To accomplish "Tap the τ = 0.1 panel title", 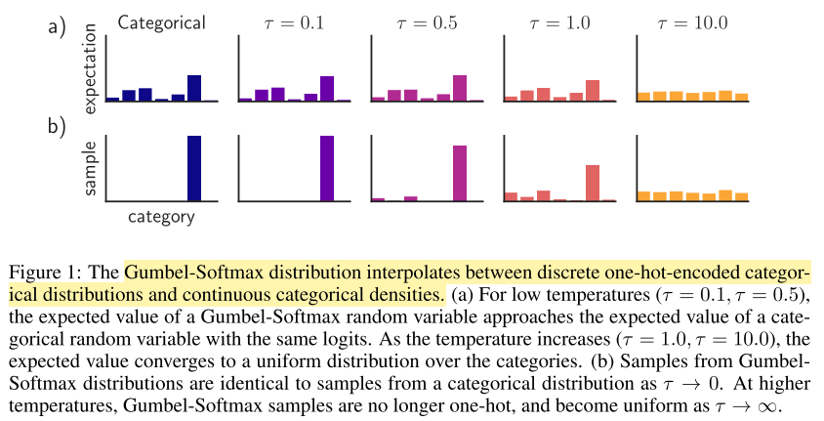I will pos(293,21).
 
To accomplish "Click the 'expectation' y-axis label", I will pos(90,68).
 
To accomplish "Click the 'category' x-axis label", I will pos(161,217).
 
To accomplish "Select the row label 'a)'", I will pos(58,26).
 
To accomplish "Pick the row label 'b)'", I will pos(58,125).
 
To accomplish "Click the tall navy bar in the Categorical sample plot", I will pos(193,168).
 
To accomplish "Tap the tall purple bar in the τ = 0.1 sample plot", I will pos(326,168).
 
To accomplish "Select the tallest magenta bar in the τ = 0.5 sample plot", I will pos(459,173).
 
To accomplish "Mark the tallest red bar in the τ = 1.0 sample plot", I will pos(592,183).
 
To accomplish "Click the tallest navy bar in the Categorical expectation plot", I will pos(193,88).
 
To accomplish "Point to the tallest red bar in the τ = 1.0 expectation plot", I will pos(592,90).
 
